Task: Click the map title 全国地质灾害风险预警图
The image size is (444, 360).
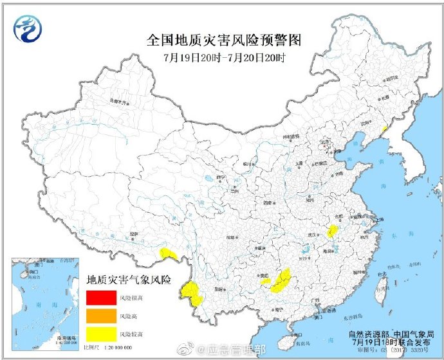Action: click(x=223, y=40)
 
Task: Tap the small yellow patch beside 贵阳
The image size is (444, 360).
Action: click(x=265, y=281)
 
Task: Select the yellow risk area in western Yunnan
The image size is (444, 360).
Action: click(x=192, y=293)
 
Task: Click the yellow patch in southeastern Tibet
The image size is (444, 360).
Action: click(x=169, y=254)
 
